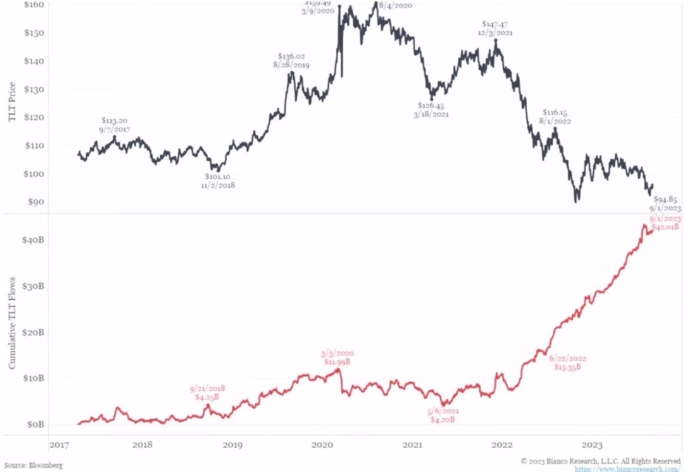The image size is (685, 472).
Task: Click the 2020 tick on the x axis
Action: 323,445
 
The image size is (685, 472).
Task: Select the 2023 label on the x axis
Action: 592,445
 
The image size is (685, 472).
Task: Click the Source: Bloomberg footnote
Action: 33,465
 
